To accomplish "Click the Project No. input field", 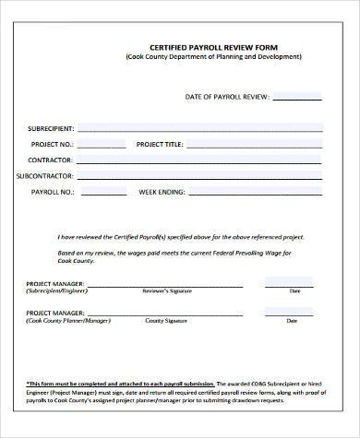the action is pyautogui.click(x=103, y=144).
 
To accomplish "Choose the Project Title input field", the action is pyautogui.click(x=257, y=144).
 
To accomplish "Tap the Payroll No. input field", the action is pyautogui.click(x=103, y=191).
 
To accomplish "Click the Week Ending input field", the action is pyautogui.click(x=257, y=191).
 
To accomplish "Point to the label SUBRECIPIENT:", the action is pyautogui.click(x=52, y=128).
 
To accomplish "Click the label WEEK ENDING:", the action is pyautogui.click(x=162, y=192).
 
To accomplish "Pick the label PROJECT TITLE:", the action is pyautogui.click(x=162, y=145).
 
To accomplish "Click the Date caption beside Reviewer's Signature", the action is pyautogui.click(x=295, y=290).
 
